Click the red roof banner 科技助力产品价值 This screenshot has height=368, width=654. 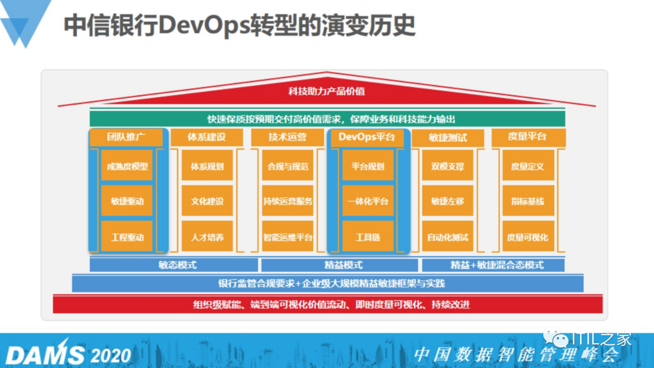(327, 91)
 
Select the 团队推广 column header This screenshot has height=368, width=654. (127, 137)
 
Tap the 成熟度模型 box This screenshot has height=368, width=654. (127, 166)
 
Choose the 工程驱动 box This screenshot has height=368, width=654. (127, 237)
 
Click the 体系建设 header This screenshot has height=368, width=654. (207, 137)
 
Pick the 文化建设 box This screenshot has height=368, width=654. (207, 201)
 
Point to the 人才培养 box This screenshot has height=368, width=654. (207, 237)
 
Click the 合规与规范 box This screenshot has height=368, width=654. (288, 166)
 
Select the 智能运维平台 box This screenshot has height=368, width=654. (288, 237)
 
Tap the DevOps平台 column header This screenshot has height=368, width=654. (368, 137)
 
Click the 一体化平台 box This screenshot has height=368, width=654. (368, 201)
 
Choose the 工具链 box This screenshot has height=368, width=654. (368, 237)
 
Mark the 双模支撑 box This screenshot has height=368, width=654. (448, 166)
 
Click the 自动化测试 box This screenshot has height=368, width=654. (448, 237)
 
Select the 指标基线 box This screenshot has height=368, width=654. (527, 201)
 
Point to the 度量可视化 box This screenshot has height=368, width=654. (527, 237)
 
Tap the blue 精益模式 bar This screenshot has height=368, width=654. (339, 265)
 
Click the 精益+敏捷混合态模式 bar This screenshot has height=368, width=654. (493, 265)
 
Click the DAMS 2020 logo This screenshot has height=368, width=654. (68, 354)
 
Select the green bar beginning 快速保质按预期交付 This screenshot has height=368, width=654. (327, 119)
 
